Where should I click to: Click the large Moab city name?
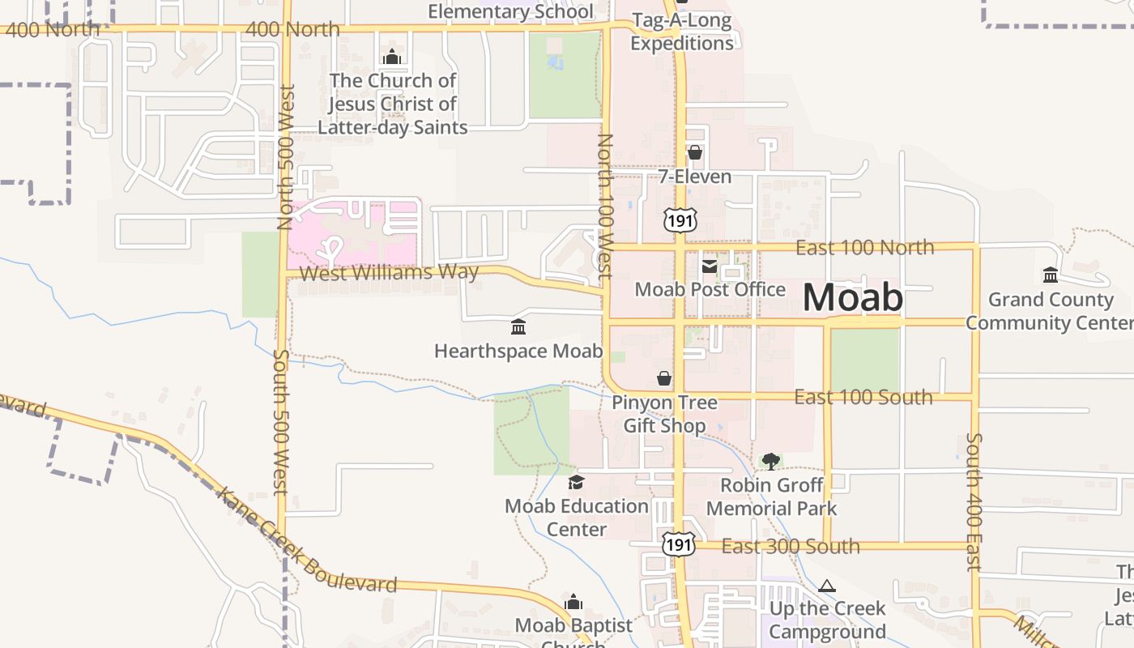point(852,297)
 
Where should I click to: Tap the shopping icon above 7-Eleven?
point(694,152)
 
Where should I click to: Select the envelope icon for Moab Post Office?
point(710,266)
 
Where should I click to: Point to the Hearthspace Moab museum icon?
point(518,327)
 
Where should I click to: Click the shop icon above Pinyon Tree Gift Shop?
point(664,378)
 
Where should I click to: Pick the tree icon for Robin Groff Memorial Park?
point(771,461)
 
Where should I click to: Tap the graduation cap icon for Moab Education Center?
point(576,483)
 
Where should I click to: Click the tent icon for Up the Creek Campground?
point(827,586)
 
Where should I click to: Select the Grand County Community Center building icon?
point(1051,275)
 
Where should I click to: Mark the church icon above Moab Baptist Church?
point(573,602)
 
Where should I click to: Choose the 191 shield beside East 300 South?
point(678,545)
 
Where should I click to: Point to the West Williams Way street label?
point(389,273)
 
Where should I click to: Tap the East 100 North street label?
point(864,247)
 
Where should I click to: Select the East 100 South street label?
point(863,397)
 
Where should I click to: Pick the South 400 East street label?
point(974,502)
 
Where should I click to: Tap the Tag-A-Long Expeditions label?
point(682,32)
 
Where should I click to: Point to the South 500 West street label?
point(280,421)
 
